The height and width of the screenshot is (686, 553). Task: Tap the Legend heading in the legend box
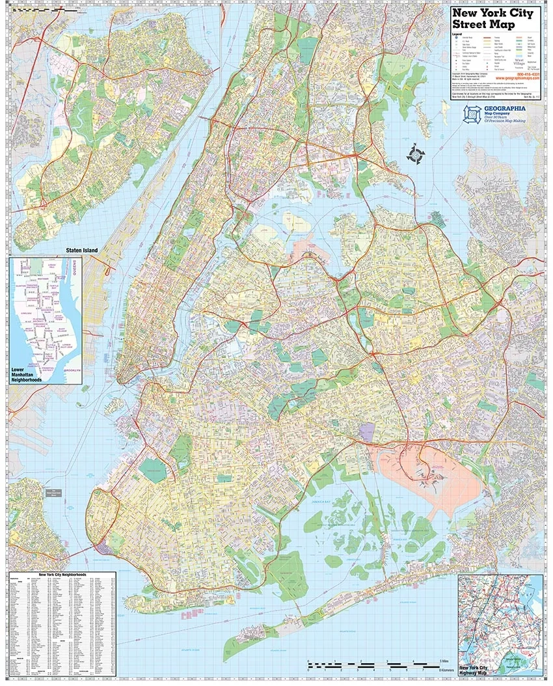(x=457, y=33)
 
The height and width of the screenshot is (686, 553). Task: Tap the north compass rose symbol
(x=415, y=155)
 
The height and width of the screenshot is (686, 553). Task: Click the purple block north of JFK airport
(x=368, y=432)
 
